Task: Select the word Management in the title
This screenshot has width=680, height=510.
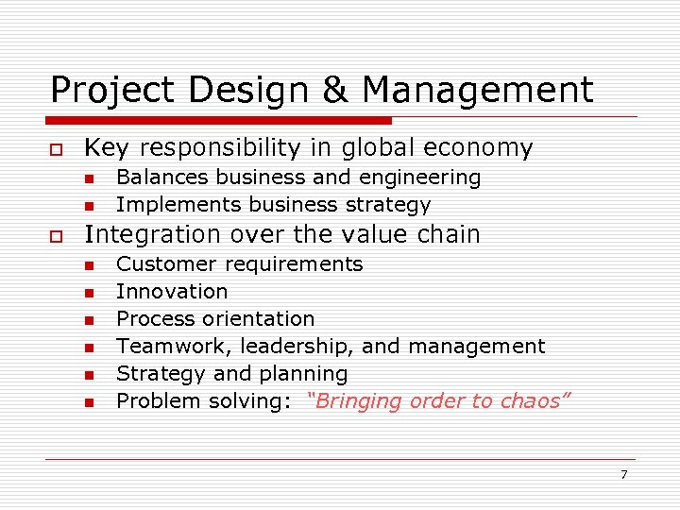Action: pyautogui.click(x=478, y=91)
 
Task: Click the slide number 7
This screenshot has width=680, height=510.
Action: pyautogui.click(x=623, y=474)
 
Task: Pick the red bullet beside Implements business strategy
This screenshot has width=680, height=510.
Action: pyautogui.click(x=89, y=206)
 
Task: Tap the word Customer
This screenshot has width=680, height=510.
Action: pyautogui.click(x=156, y=264)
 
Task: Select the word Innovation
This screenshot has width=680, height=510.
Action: pyautogui.click(x=172, y=292)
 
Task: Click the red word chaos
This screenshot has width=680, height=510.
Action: pyautogui.click(x=534, y=400)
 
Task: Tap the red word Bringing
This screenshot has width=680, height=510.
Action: pyautogui.click(x=353, y=401)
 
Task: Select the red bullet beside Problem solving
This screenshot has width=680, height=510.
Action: pyautogui.click(x=89, y=403)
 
